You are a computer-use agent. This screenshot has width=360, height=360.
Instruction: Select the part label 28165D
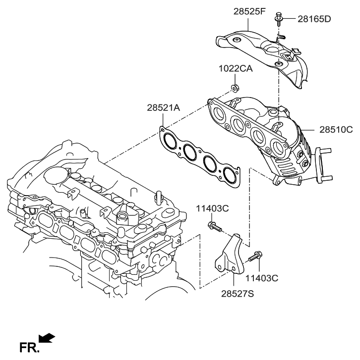coord(314,19)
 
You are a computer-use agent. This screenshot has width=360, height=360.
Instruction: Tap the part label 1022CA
coord(236,69)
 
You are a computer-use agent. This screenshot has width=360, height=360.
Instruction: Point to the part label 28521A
coord(163,107)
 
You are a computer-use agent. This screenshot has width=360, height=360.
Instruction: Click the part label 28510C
coord(336,130)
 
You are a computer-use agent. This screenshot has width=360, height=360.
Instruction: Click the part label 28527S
coord(237,294)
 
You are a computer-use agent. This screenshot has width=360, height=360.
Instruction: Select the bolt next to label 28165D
coord(279,20)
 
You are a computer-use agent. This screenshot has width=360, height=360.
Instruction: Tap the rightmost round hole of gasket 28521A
coord(230,174)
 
